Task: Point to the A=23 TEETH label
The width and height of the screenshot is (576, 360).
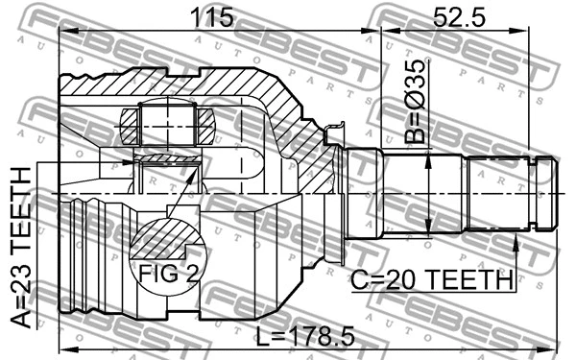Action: pyautogui.click(x=20, y=248)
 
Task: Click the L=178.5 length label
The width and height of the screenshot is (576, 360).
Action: pyautogui.click(x=306, y=336)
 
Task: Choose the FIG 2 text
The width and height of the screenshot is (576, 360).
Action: pyautogui.click(x=166, y=274)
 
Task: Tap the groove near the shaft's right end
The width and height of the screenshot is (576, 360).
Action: pyautogui.click(x=536, y=193)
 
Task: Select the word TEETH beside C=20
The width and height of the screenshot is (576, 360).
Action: pyautogui.click(x=470, y=279)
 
